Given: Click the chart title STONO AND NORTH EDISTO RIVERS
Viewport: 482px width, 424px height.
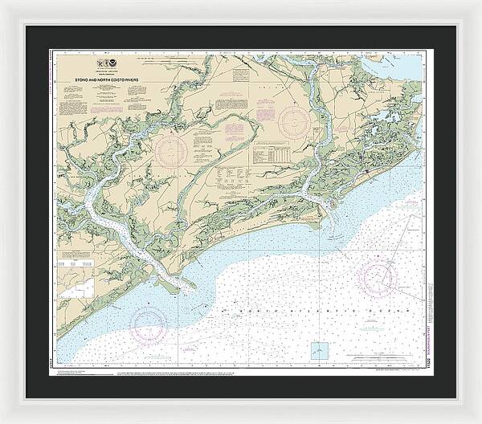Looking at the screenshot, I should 119,80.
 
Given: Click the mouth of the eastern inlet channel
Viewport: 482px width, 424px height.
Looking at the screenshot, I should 331,210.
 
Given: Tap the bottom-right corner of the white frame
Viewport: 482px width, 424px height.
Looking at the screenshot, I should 478,420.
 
